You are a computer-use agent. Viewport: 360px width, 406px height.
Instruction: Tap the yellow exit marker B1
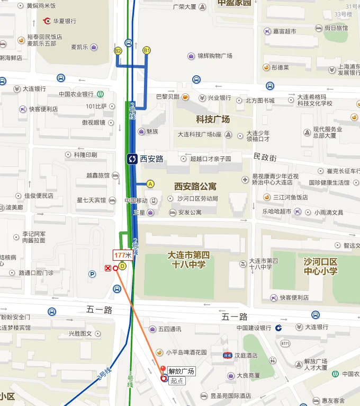147,50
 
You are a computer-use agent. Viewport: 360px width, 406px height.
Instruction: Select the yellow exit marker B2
118,50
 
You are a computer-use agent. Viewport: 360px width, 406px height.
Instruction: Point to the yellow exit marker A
150,184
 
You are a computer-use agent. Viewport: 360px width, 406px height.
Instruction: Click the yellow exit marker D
122,266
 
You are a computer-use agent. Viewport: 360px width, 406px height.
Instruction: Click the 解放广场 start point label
182,371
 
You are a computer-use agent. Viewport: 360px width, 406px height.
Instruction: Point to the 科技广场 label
213,119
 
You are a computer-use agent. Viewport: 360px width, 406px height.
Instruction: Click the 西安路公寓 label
195,187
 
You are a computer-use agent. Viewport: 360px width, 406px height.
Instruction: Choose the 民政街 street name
265,157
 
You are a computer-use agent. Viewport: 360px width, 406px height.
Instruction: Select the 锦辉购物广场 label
215,56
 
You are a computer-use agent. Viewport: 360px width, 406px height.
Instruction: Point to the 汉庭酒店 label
246,355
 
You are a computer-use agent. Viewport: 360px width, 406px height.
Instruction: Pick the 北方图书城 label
260,100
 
